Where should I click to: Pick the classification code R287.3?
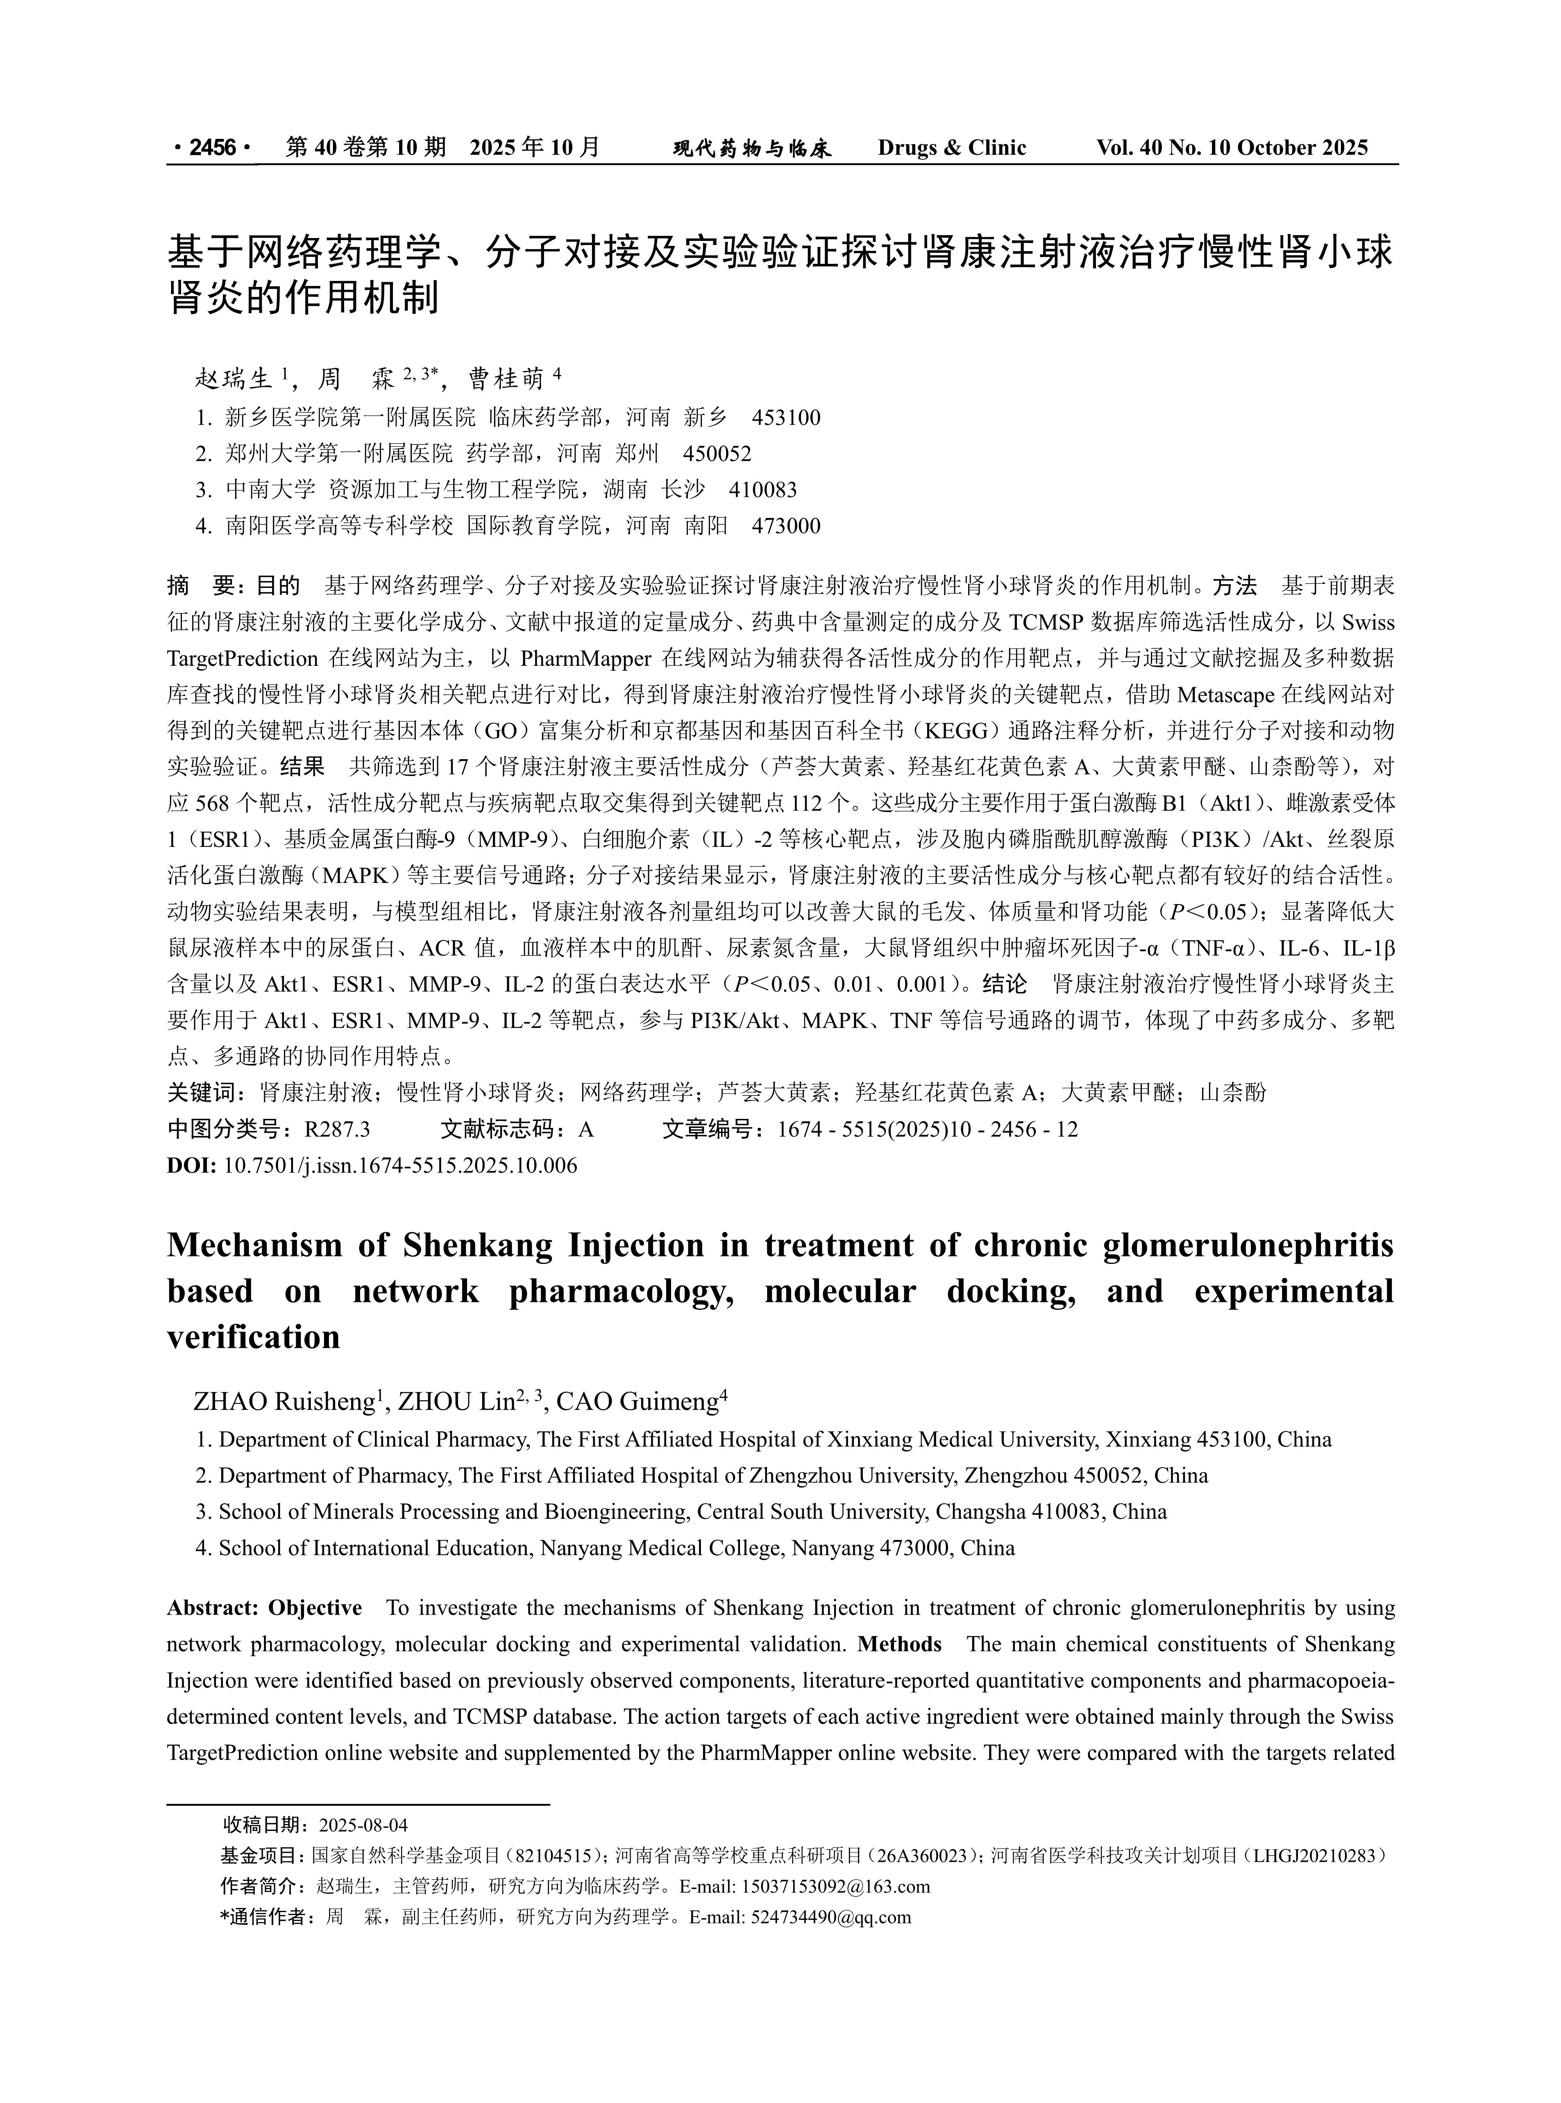coord(337,1129)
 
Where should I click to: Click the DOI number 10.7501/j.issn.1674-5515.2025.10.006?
coord(400,1165)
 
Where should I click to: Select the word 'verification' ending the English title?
coord(253,1337)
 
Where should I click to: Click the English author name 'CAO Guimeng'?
coord(638,1402)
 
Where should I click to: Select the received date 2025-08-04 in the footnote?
coord(364,1824)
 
